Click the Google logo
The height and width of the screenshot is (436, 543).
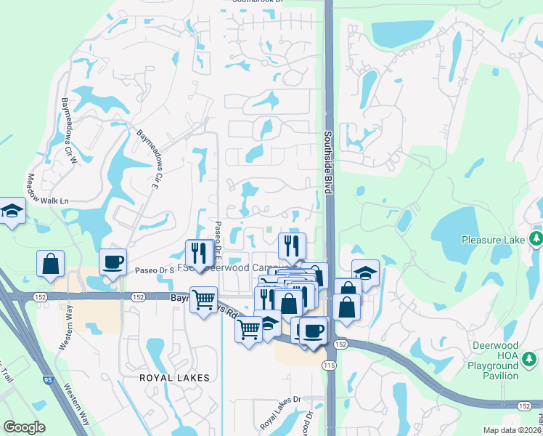click(x=25, y=427)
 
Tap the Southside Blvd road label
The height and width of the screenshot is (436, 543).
click(x=328, y=162)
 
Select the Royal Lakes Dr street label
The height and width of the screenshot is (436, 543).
click(x=280, y=411)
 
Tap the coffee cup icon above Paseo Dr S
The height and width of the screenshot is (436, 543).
click(x=113, y=262)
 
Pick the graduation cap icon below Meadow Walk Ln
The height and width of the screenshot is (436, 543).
click(x=12, y=211)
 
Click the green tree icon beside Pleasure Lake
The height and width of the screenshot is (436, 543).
click(x=536, y=238)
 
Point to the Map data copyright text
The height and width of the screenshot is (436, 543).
click(x=513, y=430)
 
